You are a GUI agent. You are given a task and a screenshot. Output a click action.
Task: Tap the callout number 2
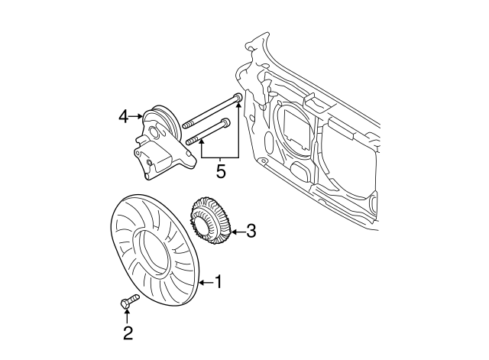(128, 332)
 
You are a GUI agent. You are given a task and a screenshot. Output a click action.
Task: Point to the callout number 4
(124, 116)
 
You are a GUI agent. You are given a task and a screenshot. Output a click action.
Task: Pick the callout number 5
(220, 171)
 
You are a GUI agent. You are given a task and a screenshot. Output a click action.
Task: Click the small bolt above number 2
(128, 303)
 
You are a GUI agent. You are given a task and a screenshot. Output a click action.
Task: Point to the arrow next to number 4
(138, 116)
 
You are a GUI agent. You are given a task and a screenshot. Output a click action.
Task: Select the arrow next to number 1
(202, 283)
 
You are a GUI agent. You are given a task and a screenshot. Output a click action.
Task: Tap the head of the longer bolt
(238, 98)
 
